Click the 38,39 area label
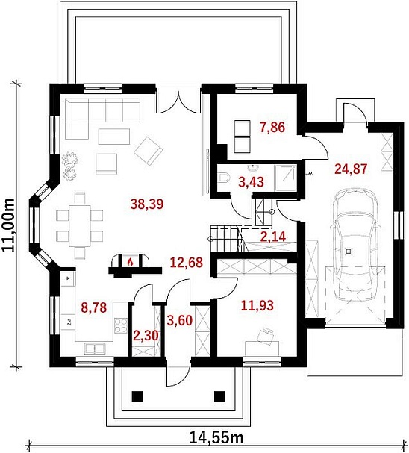coord(147,204)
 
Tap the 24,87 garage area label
coord(351,169)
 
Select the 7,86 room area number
coord(272,127)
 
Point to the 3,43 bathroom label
coord(252,182)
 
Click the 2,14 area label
coord(273,237)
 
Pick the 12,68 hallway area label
coord(187,263)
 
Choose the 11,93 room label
coord(257,305)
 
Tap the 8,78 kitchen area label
coord(94,307)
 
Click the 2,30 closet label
coord(146,336)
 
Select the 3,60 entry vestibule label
coord(180,321)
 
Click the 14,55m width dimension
coord(216,437)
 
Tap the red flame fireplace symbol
coord(131,262)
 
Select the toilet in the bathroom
coord(223,178)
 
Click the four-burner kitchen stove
coord(121,325)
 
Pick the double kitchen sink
coord(95,349)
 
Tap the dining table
coord(80,225)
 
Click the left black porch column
coord(137,396)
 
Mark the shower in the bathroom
coord(286,178)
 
